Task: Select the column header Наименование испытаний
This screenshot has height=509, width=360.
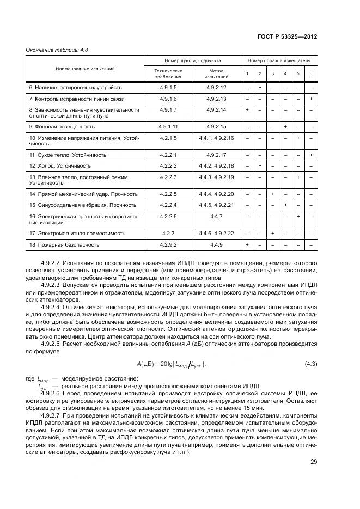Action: [84, 69]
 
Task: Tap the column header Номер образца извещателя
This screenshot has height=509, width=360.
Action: [279, 61]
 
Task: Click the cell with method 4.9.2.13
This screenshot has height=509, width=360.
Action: [216, 99]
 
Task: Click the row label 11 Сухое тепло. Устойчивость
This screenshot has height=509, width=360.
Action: [68, 155]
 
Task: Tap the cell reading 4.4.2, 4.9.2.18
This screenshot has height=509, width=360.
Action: [216, 165]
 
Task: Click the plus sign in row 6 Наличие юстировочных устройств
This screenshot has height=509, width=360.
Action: [260, 88]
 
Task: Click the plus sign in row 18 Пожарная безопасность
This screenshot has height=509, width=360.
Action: [247, 245]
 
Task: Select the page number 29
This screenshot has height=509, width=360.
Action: [313, 462]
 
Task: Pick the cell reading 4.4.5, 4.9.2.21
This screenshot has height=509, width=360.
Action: [216, 205]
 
